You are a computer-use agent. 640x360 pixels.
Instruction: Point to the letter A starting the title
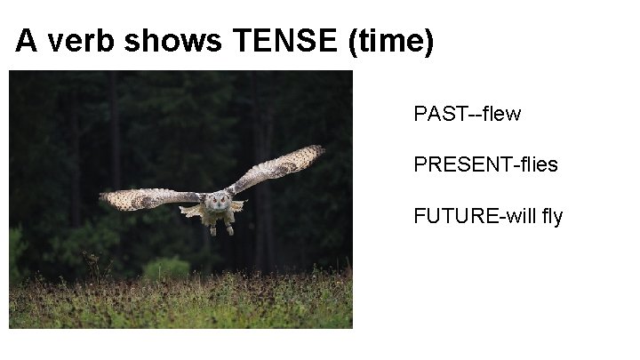click(x=26, y=42)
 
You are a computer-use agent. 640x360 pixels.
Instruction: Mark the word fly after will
click(x=550, y=216)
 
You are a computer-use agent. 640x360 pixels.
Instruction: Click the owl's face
click(x=215, y=203)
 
